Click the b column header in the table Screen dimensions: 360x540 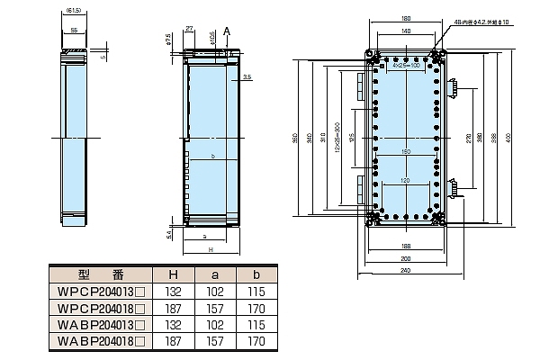[257, 275]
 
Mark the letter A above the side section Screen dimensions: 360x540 [227, 30]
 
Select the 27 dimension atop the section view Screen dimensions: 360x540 [190, 30]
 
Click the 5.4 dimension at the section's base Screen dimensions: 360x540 [172, 234]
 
